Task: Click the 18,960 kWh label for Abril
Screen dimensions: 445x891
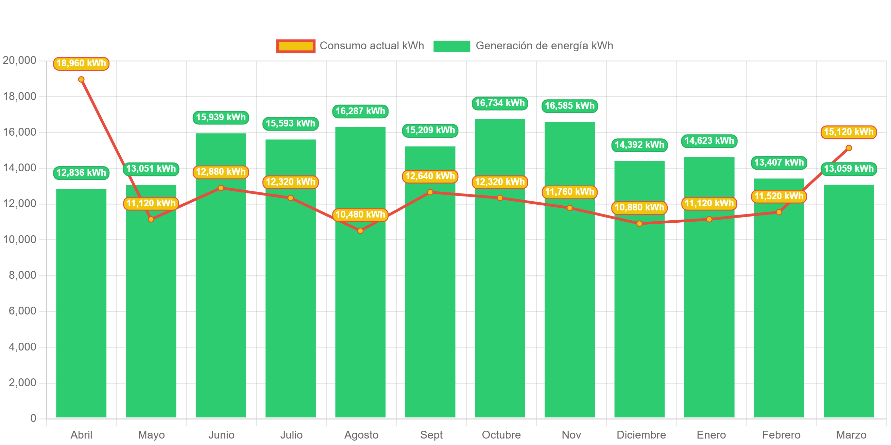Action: [81, 64]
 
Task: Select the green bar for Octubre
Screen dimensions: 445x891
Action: [500, 294]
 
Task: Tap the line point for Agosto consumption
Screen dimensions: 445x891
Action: [360, 230]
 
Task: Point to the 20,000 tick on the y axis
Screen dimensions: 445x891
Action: [19, 60]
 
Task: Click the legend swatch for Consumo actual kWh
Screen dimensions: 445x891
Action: [296, 46]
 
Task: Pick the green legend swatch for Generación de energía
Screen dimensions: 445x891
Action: [452, 46]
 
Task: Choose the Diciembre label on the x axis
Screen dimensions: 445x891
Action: [641, 434]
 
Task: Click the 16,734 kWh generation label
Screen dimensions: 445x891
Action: [500, 103]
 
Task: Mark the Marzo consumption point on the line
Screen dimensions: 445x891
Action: [849, 148]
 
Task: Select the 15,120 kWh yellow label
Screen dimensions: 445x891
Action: [849, 132]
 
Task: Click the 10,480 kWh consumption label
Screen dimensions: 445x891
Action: [360, 215]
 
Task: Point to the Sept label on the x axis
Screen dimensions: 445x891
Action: [431, 434]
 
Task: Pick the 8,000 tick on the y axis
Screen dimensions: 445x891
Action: [22, 275]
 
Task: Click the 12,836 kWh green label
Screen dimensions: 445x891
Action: [81, 173]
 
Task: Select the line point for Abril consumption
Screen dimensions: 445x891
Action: [81, 80]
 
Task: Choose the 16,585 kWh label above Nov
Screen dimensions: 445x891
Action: [570, 106]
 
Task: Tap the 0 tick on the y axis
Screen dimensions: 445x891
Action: [33, 418]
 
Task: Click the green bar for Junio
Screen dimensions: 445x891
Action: [221, 294]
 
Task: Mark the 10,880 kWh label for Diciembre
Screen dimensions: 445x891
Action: [639, 208]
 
